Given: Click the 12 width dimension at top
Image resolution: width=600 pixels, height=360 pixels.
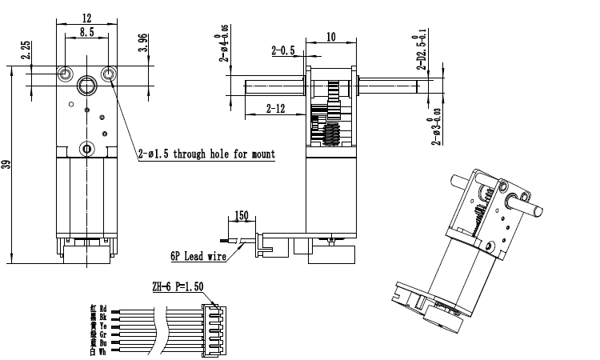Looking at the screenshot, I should pyautogui.click(x=87, y=17).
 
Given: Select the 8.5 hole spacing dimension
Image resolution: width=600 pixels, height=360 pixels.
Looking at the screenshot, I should pyautogui.click(x=87, y=33).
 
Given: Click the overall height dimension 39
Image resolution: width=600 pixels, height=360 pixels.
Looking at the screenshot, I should pyautogui.click(x=7, y=165).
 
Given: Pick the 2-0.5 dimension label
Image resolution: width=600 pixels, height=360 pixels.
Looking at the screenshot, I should pyautogui.click(x=282, y=50).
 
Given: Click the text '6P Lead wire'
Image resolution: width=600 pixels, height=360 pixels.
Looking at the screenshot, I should pyautogui.click(x=196, y=257).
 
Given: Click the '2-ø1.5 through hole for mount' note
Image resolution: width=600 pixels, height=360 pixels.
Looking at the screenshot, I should pyautogui.click(x=206, y=154).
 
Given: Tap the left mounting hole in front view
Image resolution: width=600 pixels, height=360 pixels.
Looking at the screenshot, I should pyautogui.click(x=64, y=74).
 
